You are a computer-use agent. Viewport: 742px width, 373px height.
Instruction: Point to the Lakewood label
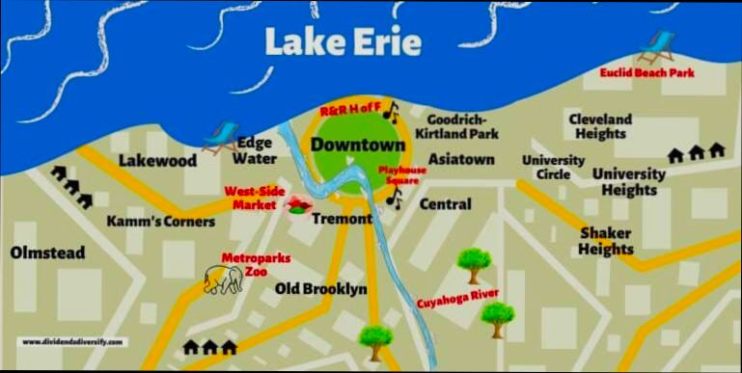point(157,160)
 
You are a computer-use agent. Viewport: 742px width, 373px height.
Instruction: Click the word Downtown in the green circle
point(357,146)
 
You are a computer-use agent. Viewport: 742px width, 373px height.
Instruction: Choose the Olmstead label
point(47,253)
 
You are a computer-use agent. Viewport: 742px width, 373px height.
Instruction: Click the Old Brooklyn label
point(321,289)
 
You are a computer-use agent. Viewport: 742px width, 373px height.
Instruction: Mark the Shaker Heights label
point(605,241)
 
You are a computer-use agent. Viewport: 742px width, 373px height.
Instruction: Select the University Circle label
point(553,166)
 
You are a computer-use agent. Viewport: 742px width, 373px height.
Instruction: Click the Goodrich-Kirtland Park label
point(456,125)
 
